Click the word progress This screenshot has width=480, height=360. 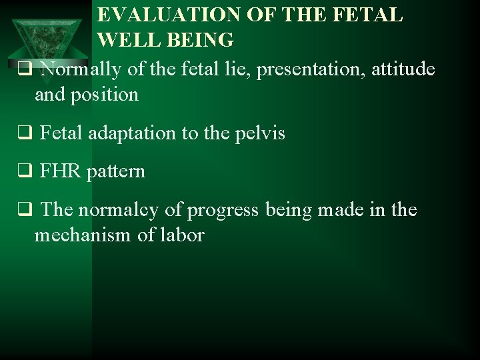click(x=223, y=211)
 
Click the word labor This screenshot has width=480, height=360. click(x=182, y=235)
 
